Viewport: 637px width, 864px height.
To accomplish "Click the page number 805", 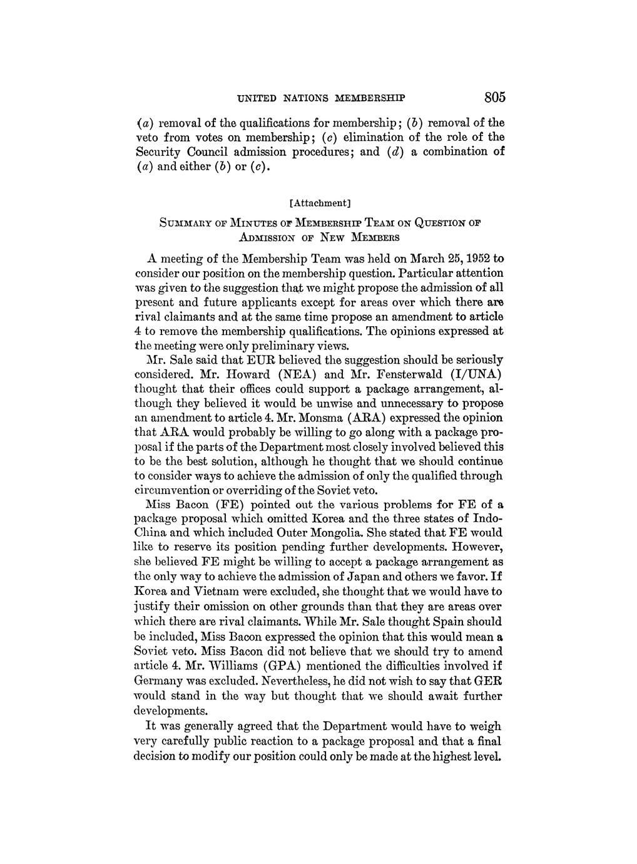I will [494, 98].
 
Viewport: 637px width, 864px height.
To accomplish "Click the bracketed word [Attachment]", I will [320, 202].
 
